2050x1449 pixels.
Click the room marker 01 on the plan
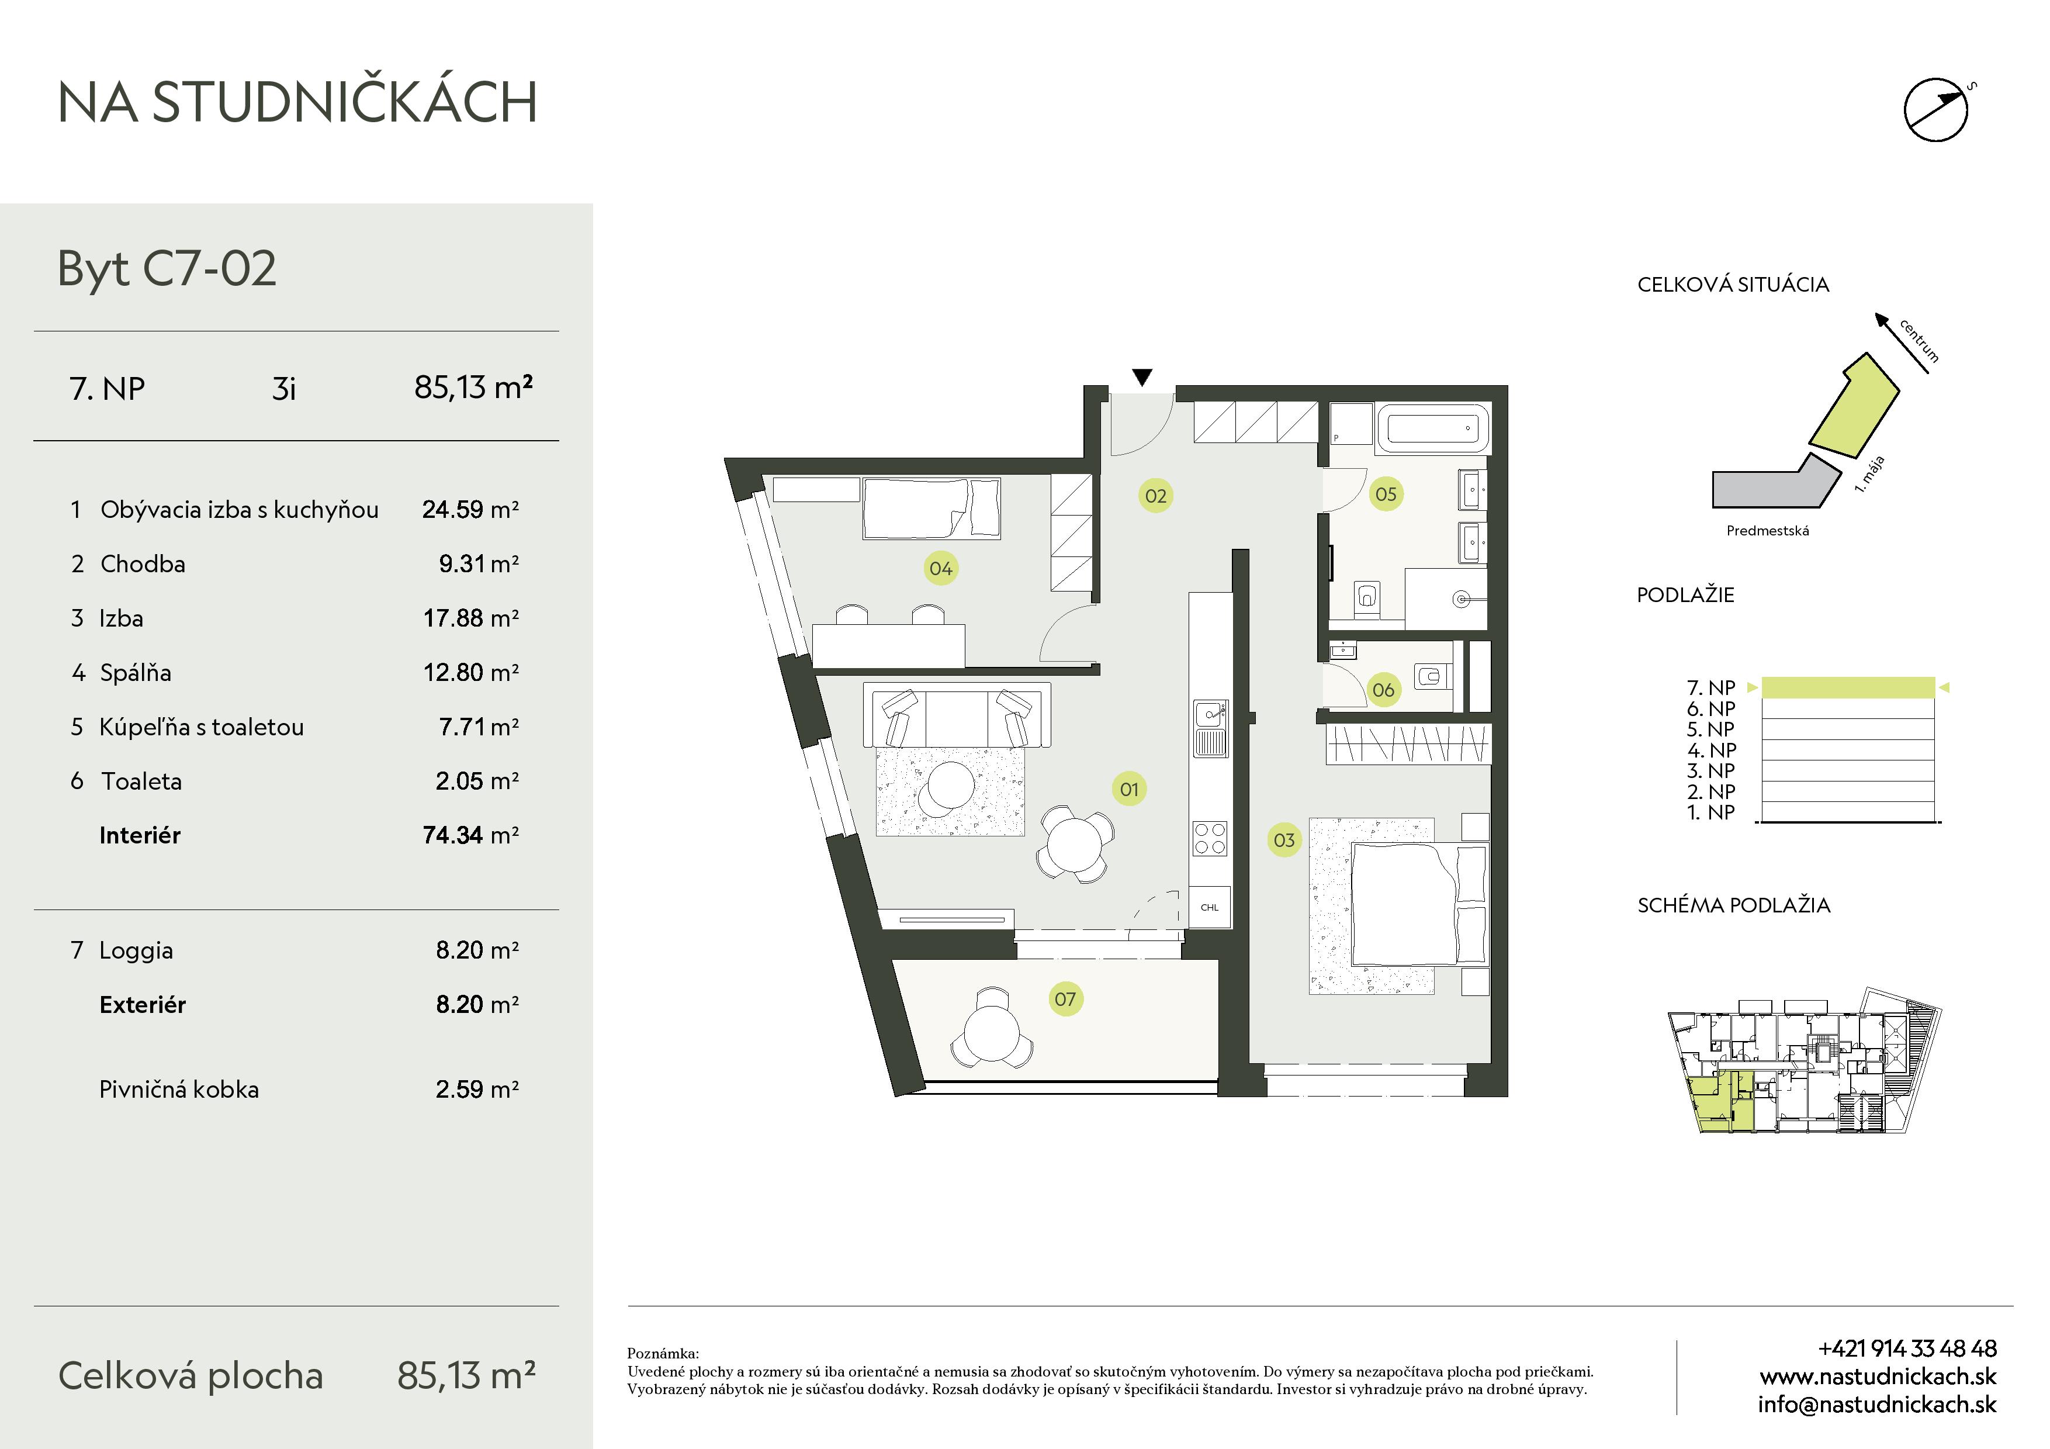1130,789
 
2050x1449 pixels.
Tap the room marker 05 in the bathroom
1386,494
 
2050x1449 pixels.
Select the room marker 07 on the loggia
1065,999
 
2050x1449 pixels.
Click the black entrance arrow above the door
1142,378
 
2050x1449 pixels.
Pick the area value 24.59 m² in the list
470,509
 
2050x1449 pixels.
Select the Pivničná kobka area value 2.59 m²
477,1089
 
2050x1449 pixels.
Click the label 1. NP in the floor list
1710,812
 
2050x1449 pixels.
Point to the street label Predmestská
1768,530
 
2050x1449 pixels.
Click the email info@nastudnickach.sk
1877,1405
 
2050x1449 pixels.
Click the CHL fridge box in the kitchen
1210,907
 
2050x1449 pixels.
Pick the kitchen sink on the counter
1211,728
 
